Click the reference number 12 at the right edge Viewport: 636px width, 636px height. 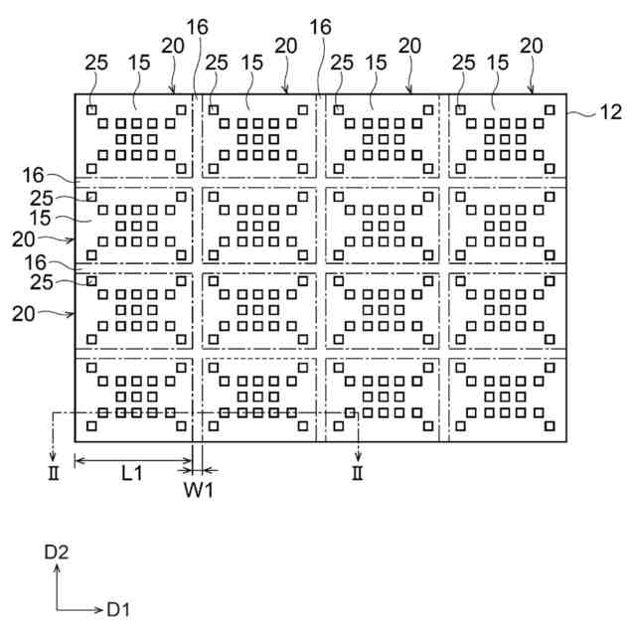click(610, 112)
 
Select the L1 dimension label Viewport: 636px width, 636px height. click(132, 473)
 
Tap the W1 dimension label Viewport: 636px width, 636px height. click(199, 490)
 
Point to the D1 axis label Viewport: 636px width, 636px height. click(118, 609)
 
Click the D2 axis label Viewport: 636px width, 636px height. click(57, 553)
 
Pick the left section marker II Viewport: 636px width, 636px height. click(54, 473)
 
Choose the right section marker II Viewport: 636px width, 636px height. click(358, 473)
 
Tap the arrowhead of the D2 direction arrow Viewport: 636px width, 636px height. click(58, 569)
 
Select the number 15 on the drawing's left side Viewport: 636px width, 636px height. click(41, 219)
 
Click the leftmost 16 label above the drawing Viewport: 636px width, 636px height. click(197, 27)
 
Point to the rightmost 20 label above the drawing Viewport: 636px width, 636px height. click(532, 46)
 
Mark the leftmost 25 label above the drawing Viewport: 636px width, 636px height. click(96, 63)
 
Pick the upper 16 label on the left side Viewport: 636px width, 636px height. click(33, 175)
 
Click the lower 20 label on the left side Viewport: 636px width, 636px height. click(24, 314)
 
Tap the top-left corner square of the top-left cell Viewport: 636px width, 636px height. click(91, 110)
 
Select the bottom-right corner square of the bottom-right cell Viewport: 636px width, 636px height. click(550, 426)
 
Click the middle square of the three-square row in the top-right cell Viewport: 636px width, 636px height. click(505, 139)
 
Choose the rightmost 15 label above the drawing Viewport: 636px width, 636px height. click(498, 63)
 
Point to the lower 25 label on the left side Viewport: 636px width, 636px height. click(42, 282)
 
